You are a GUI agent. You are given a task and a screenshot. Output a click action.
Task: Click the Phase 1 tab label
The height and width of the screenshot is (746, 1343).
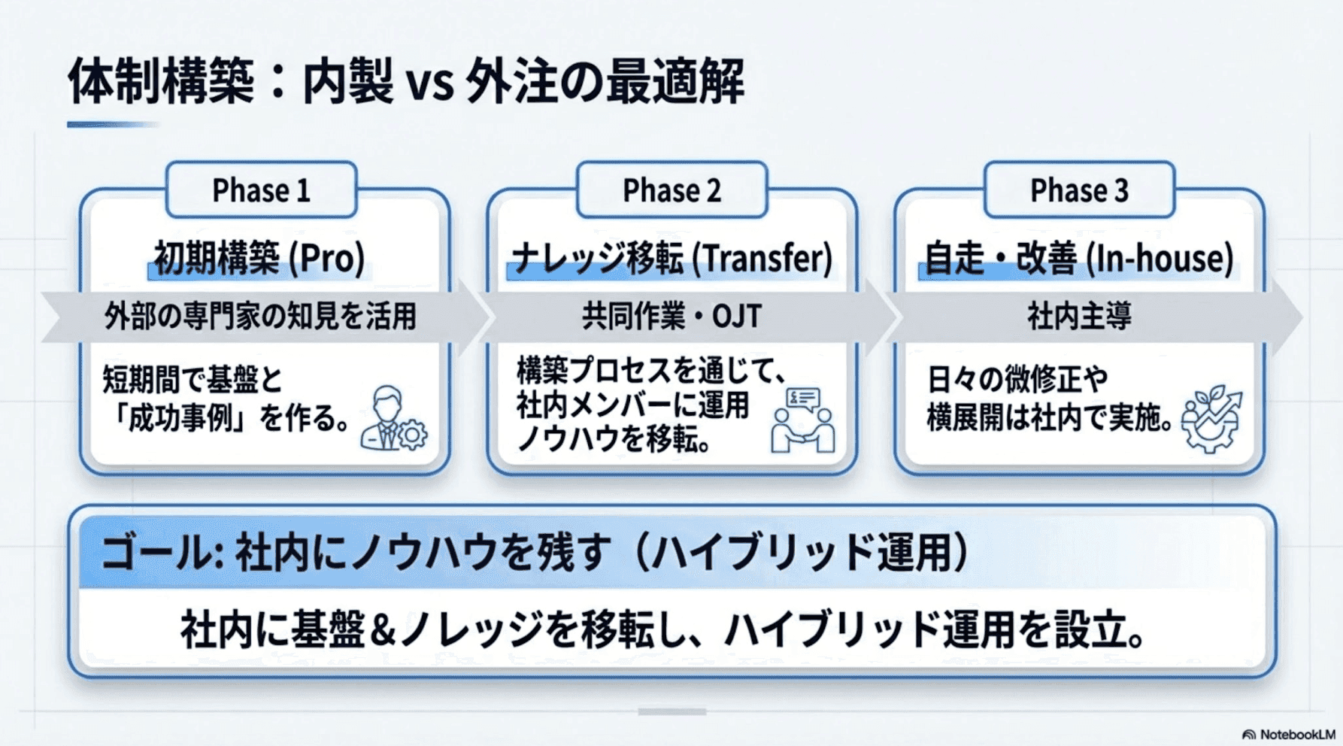pos(261,190)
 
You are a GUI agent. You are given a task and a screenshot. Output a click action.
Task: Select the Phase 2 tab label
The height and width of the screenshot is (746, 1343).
pos(671,190)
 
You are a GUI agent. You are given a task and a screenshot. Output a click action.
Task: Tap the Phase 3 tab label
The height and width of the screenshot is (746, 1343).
pos(1079,190)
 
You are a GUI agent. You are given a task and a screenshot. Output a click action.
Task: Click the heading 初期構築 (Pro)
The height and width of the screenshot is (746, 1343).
pos(259,259)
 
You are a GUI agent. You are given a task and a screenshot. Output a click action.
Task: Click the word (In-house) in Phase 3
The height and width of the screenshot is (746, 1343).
pos(1160,259)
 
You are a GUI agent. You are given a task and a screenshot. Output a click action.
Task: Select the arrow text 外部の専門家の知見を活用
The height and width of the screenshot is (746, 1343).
pos(260,316)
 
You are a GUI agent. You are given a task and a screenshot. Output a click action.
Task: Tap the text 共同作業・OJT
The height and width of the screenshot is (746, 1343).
pos(671,316)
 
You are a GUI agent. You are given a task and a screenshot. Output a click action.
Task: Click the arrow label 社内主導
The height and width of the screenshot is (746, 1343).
pos(1079,316)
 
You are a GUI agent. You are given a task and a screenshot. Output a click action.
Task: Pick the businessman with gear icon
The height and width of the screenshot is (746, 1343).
pos(393,419)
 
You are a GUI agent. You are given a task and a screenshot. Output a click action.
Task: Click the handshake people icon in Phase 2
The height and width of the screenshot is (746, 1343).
pos(802,420)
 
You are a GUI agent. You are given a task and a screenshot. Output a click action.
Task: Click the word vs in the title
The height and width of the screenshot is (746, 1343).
pos(429,83)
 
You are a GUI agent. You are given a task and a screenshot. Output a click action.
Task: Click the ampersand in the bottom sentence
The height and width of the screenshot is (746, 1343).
pos(382,630)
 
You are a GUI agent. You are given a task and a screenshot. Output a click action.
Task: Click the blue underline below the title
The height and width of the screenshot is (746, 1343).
pos(113,125)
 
